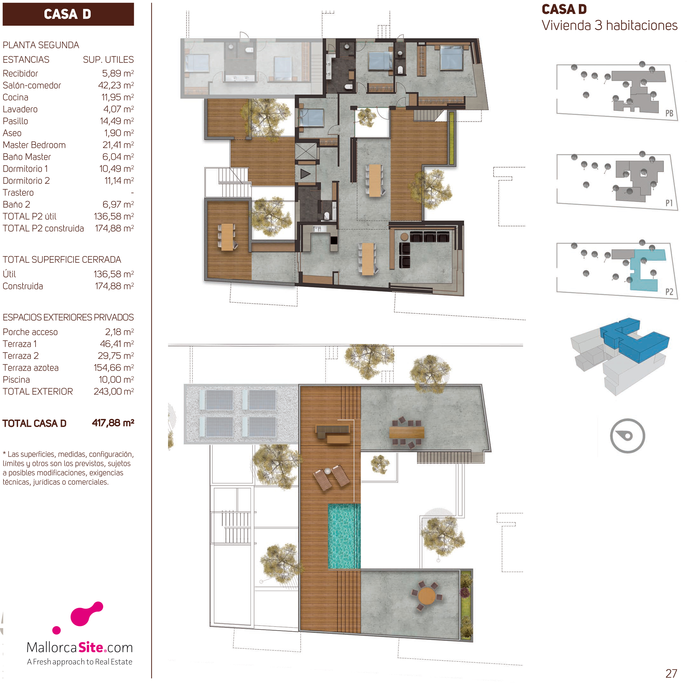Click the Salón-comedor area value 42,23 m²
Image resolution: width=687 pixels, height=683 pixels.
(x=116, y=85)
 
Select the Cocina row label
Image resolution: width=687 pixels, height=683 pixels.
(x=15, y=97)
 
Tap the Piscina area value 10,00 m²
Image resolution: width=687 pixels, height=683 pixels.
(x=116, y=380)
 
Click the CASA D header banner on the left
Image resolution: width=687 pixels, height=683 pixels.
(x=68, y=14)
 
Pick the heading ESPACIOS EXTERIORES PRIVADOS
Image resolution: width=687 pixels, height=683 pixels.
(x=68, y=317)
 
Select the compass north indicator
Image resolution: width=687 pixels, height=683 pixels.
(x=627, y=436)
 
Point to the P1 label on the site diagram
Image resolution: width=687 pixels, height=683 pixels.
(x=669, y=203)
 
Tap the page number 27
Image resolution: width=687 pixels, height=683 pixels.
(x=671, y=673)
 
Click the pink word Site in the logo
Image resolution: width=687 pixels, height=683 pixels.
(x=91, y=647)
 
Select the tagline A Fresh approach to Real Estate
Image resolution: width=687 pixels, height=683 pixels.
(x=80, y=662)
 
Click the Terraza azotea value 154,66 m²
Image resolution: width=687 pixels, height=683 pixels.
(x=114, y=368)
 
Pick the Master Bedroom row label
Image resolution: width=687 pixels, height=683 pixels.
(x=34, y=145)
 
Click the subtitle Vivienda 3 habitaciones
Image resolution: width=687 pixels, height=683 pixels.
(x=610, y=25)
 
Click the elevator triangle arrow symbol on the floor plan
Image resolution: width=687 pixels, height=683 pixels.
(x=305, y=174)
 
